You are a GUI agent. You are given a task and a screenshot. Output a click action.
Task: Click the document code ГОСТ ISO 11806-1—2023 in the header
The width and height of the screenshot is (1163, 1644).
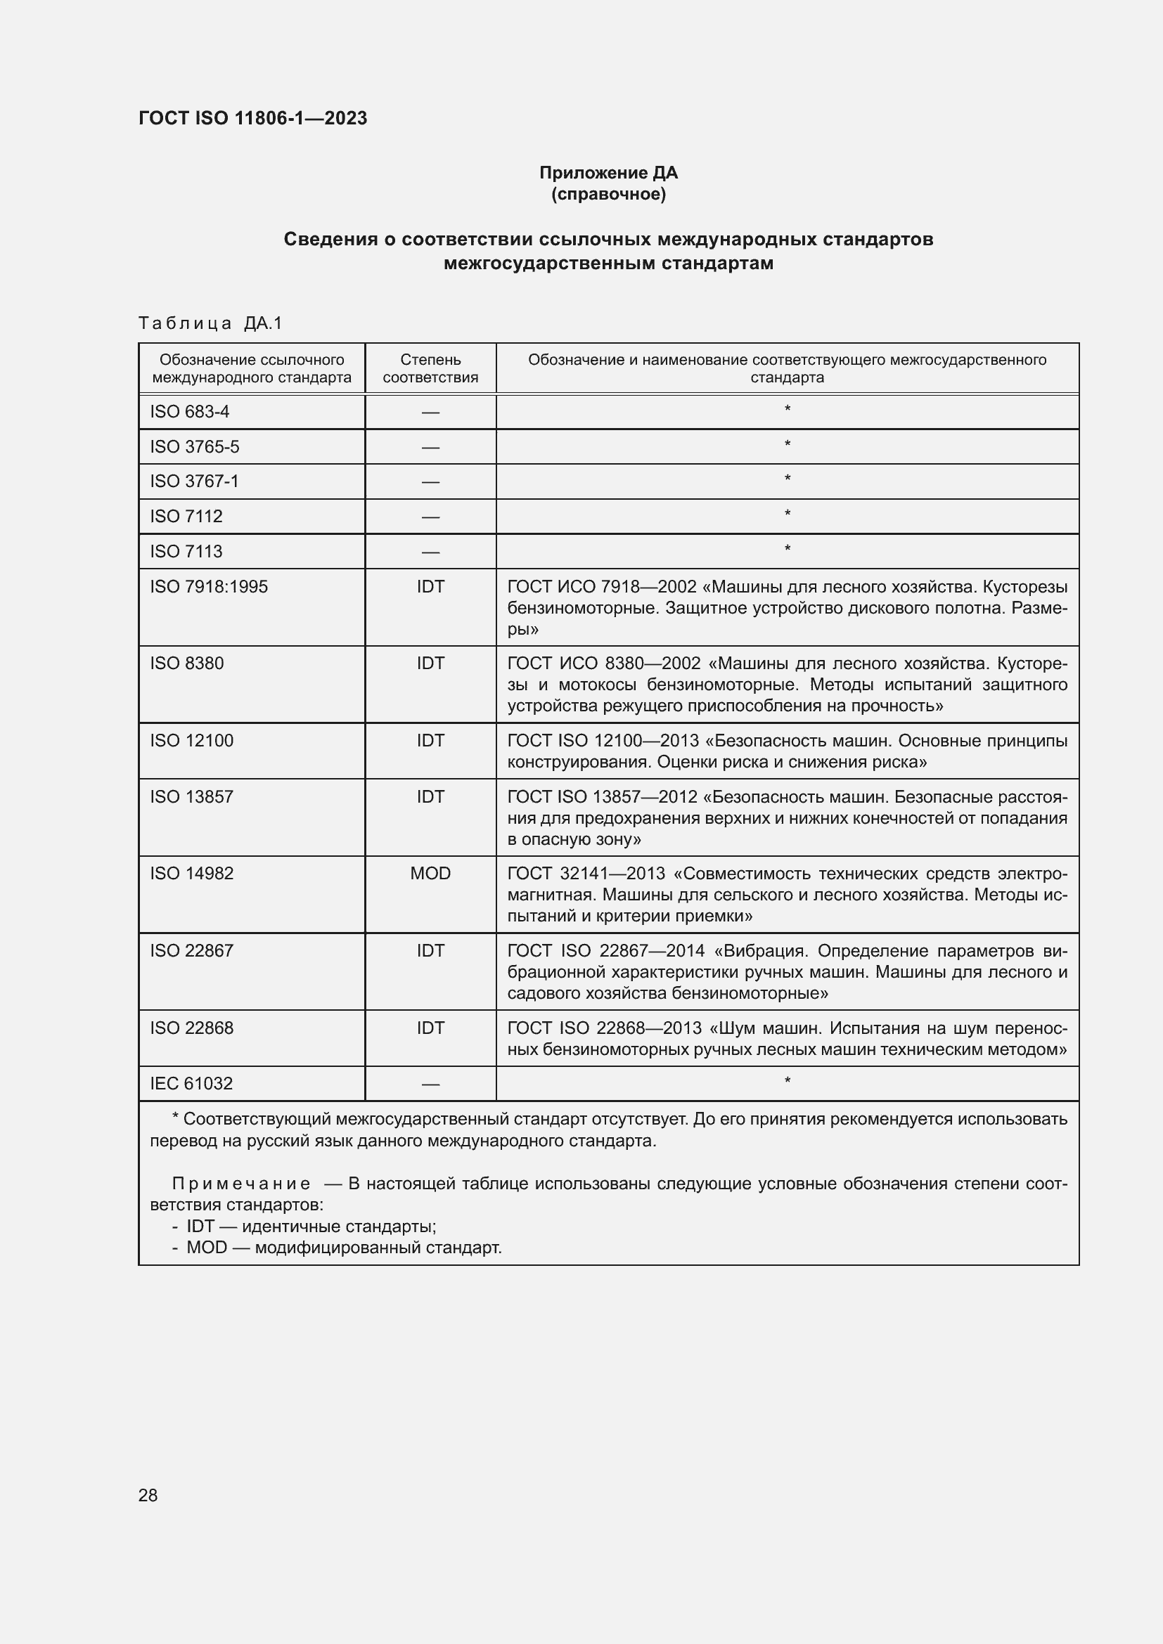[x=252, y=118]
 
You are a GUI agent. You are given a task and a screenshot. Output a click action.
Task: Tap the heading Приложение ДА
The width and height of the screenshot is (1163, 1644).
[x=608, y=173]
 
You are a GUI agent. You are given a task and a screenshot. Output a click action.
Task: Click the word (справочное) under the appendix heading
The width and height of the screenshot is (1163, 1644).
[x=608, y=194]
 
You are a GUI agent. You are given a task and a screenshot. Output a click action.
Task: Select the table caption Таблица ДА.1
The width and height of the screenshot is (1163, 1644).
[x=210, y=323]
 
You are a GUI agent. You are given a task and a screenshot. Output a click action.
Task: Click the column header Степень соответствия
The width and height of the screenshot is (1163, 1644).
[x=430, y=368]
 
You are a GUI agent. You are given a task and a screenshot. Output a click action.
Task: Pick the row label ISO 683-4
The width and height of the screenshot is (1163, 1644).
[x=189, y=412]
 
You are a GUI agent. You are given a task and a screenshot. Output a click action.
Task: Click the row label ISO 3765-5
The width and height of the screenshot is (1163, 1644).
[x=194, y=447]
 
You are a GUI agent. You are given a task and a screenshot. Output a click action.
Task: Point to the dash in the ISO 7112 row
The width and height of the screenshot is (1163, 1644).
[x=430, y=517]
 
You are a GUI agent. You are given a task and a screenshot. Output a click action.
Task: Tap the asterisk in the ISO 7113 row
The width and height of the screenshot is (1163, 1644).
[x=787, y=549]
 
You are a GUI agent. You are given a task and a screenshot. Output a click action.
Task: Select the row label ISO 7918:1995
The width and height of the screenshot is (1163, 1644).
[x=208, y=586]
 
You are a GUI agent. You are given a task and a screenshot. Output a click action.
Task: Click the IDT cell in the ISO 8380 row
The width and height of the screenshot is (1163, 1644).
[x=430, y=663]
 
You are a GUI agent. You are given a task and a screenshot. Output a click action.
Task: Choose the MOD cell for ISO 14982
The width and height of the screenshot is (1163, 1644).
[x=430, y=873]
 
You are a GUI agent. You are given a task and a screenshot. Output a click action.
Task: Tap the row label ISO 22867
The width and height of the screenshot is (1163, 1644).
[x=191, y=950]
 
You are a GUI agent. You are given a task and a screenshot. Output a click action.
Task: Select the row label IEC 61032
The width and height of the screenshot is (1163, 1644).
[x=191, y=1083]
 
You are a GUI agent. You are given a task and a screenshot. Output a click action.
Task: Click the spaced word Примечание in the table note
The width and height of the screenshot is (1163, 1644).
[x=241, y=1184]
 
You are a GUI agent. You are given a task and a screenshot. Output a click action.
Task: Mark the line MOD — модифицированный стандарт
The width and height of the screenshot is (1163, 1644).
[x=344, y=1248]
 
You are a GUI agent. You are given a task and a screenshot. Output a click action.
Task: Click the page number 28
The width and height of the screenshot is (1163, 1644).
[x=148, y=1495]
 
